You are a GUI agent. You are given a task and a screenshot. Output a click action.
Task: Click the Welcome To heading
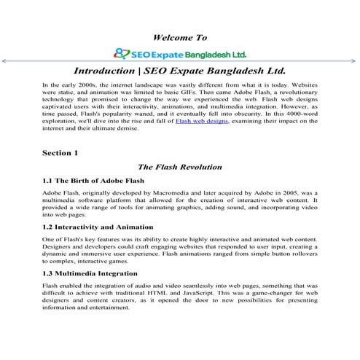(x=180, y=36)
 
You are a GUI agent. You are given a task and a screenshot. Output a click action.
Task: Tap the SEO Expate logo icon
(x=122, y=53)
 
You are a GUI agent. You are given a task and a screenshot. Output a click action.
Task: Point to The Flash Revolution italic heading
(x=180, y=167)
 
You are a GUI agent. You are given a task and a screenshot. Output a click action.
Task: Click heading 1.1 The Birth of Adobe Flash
(x=93, y=180)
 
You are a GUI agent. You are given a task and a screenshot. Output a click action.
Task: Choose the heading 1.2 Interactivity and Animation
(x=98, y=227)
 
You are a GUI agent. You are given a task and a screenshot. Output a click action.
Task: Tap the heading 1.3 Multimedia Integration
(x=91, y=273)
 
